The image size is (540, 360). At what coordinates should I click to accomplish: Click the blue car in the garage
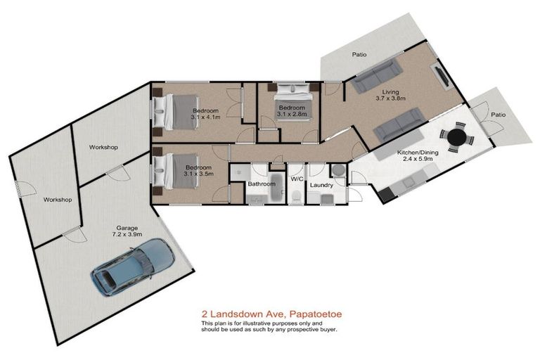click(x=132, y=266)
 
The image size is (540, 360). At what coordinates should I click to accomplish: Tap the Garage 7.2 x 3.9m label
click(x=127, y=232)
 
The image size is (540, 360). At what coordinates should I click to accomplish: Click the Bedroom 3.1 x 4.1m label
click(x=206, y=115)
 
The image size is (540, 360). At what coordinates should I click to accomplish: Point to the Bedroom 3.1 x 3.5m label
click(x=198, y=171)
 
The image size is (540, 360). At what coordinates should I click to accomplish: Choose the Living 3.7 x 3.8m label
click(x=390, y=96)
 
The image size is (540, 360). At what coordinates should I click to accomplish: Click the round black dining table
click(x=457, y=135)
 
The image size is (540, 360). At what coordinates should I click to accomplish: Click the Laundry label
click(x=321, y=186)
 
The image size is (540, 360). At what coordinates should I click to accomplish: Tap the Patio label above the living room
click(x=359, y=55)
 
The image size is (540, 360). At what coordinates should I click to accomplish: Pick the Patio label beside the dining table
click(x=498, y=114)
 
